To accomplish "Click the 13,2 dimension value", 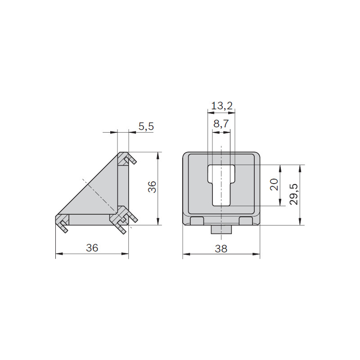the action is (x=222, y=106).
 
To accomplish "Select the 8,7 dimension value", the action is (x=221, y=124).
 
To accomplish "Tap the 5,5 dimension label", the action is (x=146, y=126).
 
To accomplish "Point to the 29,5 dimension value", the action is (x=294, y=194).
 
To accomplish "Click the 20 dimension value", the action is (x=274, y=184).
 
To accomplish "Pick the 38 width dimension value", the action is (x=221, y=249).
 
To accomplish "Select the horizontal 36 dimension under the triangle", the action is (x=92, y=248).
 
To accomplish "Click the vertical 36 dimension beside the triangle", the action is (x=152, y=187).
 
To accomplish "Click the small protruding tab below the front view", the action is (x=221, y=229).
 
